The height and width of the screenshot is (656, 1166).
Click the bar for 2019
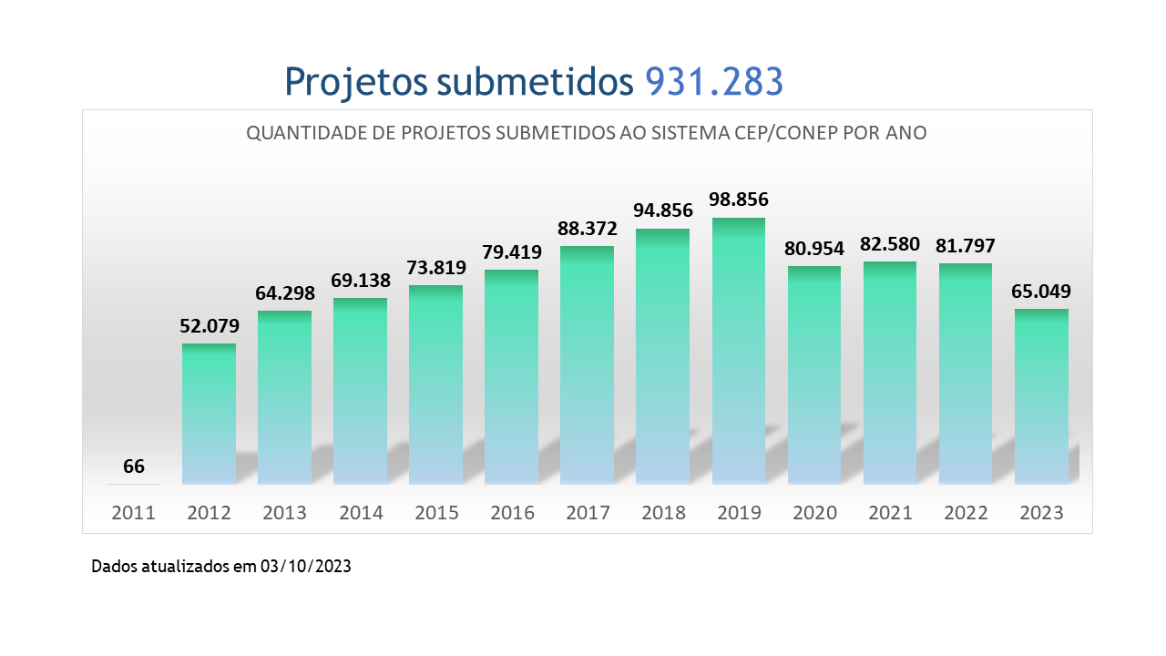[739, 351]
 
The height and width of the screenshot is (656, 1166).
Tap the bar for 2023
[1041, 396]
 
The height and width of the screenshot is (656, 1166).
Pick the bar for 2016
[512, 376]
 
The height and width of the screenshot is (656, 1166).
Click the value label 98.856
[739, 200]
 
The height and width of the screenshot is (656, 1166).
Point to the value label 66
[134, 466]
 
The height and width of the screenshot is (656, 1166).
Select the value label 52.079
[209, 325]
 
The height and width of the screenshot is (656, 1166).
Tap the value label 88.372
[588, 228]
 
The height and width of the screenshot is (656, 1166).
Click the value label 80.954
[814, 248]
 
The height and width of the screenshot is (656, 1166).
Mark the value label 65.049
[1041, 292]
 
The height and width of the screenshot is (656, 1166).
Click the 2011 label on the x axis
[134, 513]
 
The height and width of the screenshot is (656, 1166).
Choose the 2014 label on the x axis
[361, 513]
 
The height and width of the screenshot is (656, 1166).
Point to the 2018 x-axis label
[663, 513]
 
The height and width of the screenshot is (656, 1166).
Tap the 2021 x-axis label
[890, 513]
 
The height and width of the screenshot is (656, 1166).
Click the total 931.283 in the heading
[714, 82]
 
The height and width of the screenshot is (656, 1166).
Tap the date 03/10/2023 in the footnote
[305, 567]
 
